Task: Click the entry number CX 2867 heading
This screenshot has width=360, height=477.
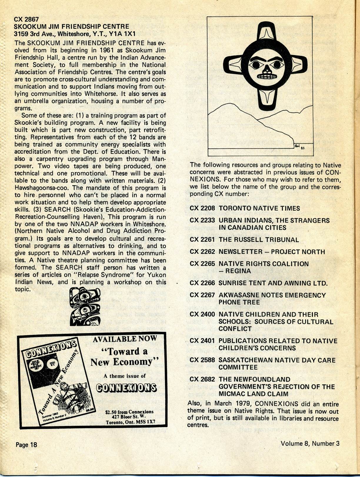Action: pos(26,19)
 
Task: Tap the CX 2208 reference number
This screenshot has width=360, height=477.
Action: pos(202,209)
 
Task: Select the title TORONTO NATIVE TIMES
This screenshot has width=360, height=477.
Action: pos(259,209)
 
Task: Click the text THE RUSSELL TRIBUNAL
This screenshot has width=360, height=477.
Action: pos(259,240)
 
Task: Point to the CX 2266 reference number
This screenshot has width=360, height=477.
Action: pos(202,283)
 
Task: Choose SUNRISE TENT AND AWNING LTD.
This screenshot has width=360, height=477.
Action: pos(273,283)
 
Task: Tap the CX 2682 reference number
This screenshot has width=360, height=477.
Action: pos(202,379)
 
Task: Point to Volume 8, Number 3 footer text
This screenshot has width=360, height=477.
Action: pos(310,443)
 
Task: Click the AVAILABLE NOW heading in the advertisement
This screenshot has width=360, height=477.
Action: pos(125,339)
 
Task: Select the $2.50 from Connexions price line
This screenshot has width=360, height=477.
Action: pos(129,412)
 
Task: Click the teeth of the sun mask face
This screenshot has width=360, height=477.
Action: pos(267,76)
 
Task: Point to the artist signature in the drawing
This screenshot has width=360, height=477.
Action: pos(298,146)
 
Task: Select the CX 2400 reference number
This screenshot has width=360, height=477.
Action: pos(202,314)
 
